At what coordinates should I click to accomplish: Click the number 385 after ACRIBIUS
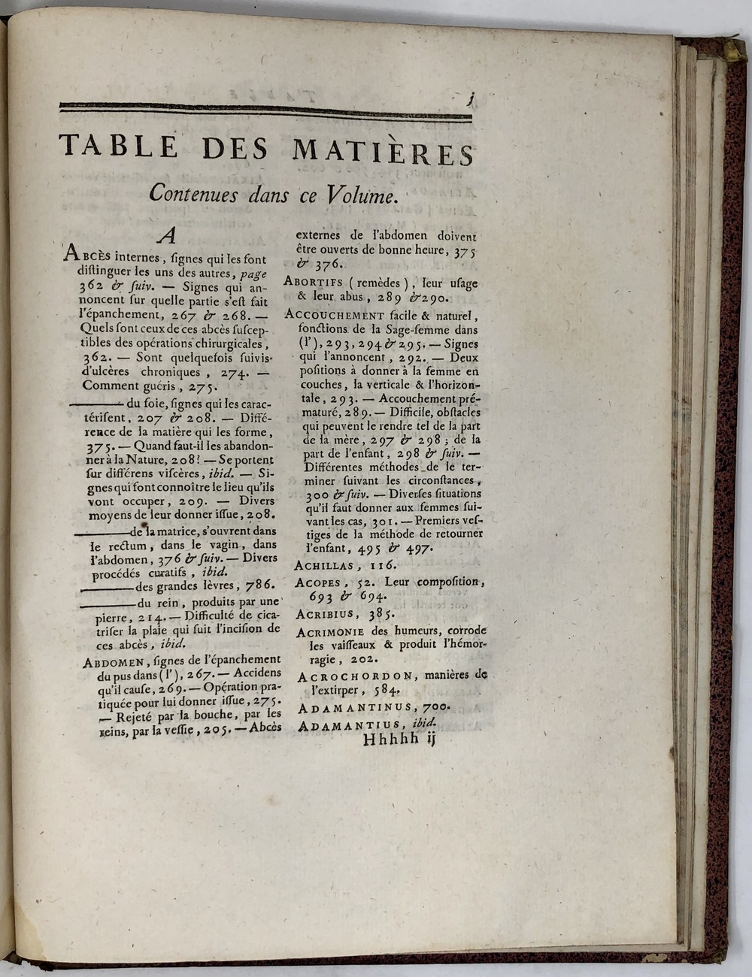point(380,614)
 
